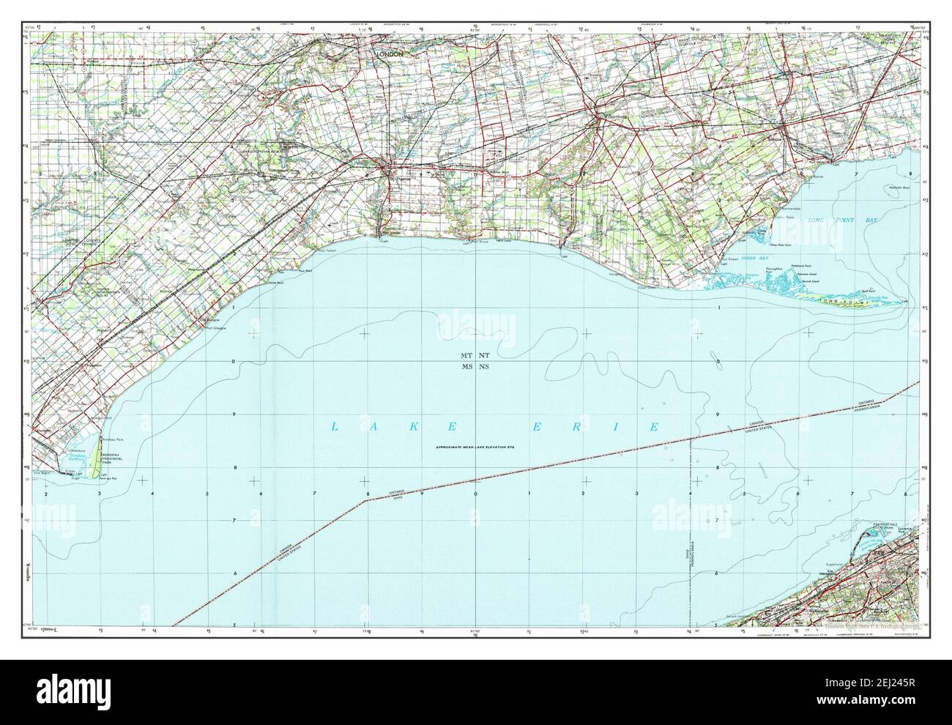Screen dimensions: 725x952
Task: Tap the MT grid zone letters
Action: pyautogui.click(x=466, y=355)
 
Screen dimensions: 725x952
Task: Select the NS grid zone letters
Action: pyautogui.click(x=484, y=367)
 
